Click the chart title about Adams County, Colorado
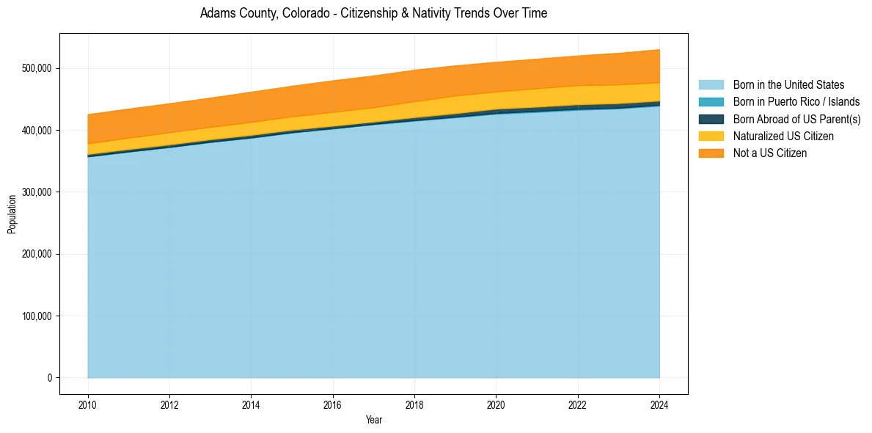pos(373,13)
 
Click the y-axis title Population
pos(12,214)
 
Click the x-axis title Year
pos(373,420)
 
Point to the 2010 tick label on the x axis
pos(88,404)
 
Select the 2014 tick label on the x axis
pos(251,404)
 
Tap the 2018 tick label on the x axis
pos(414,404)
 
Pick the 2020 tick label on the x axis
pos(496,404)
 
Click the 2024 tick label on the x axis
pos(659,404)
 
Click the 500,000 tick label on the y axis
pos(37,68)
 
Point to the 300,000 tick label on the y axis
pos(37,192)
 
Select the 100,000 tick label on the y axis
pos(37,316)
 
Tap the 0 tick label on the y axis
pos(50,378)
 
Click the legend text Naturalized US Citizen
pos(783,136)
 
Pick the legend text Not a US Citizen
pos(770,153)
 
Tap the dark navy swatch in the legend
pos(711,119)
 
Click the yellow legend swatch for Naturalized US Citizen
pos(711,136)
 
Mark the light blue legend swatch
pos(711,85)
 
